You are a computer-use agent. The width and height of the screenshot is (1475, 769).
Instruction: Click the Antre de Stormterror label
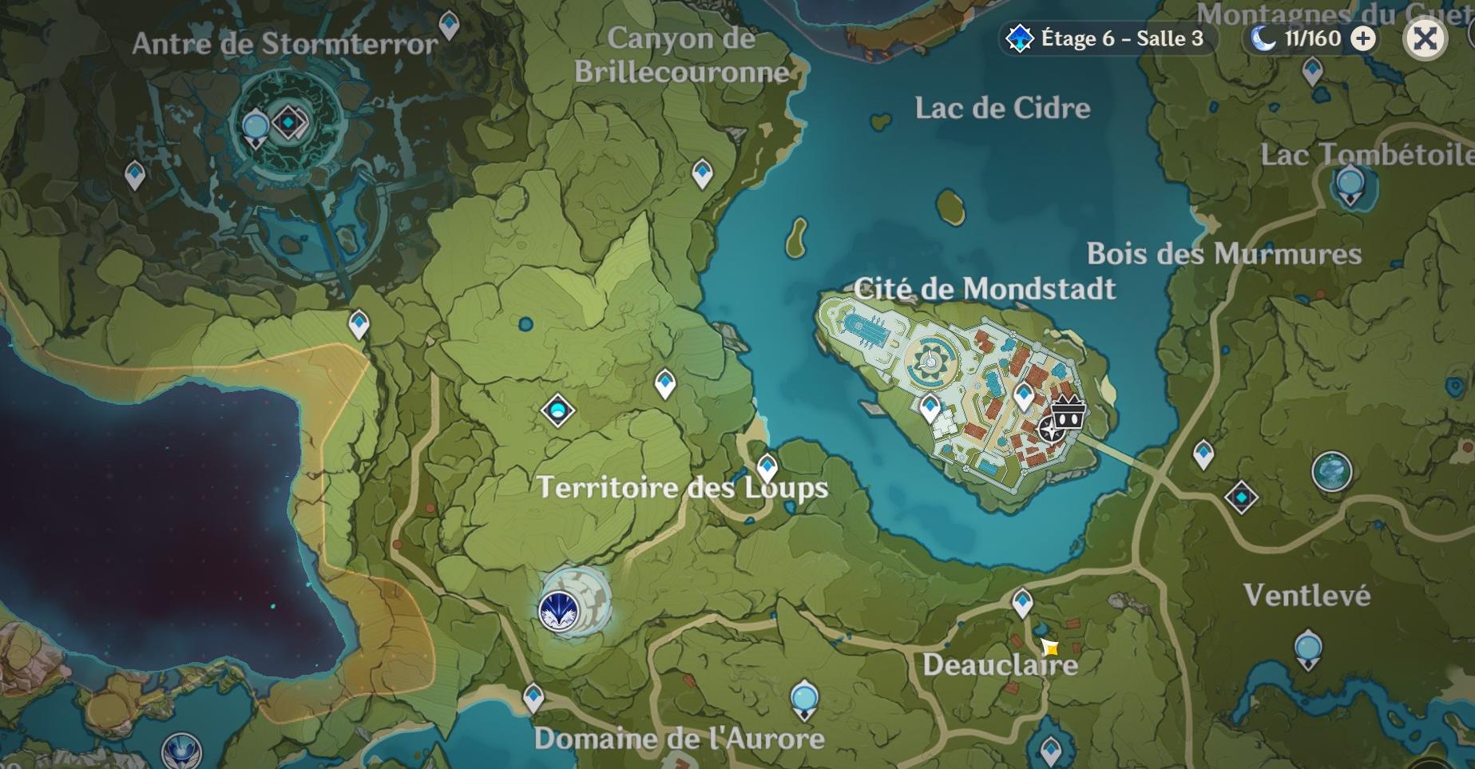pyautogui.click(x=285, y=44)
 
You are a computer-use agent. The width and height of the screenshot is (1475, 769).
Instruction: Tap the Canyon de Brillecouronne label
pyautogui.click(x=681, y=55)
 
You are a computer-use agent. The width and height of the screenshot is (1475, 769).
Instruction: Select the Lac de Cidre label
pyautogui.click(x=1002, y=108)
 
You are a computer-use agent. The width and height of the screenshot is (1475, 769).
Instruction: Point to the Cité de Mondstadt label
pyautogui.click(x=984, y=288)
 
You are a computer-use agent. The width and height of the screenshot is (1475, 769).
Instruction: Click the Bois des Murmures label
pyautogui.click(x=1223, y=254)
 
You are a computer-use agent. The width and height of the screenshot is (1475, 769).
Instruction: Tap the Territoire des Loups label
pyautogui.click(x=683, y=487)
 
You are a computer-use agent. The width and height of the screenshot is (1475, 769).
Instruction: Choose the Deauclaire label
pyautogui.click(x=1000, y=664)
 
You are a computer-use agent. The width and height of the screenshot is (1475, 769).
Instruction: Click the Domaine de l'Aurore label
pyautogui.click(x=679, y=739)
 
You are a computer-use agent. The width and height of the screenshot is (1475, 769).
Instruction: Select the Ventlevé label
pyautogui.click(x=1306, y=595)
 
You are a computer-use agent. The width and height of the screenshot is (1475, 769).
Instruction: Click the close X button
pyautogui.click(x=1425, y=38)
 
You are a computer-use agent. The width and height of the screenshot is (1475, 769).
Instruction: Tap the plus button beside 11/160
pyautogui.click(x=1364, y=38)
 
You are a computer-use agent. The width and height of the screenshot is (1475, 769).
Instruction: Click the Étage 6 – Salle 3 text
pyautogui.click(x=1121, y=38)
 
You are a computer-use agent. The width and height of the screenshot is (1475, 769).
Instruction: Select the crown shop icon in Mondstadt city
pyautogui.click(x=1068, y=412)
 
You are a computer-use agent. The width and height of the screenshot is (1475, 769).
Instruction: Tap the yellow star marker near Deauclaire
pyautogui.click(x=1049, y=647)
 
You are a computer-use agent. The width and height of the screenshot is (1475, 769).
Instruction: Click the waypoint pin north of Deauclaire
pyautogui.click(x=1022, y=601)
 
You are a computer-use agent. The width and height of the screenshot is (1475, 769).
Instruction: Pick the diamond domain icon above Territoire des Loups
pyautogui.click(x=557, y=411)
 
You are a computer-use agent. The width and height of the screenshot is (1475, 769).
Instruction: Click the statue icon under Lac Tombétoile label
pyautogui.click(x=1350, y=186)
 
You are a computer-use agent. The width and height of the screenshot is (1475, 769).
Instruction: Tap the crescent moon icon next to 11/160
pyautogui.click(x=1263, y=38)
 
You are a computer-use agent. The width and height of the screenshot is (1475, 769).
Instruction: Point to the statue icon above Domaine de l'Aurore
pyautogui.click(x=804, y=698)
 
